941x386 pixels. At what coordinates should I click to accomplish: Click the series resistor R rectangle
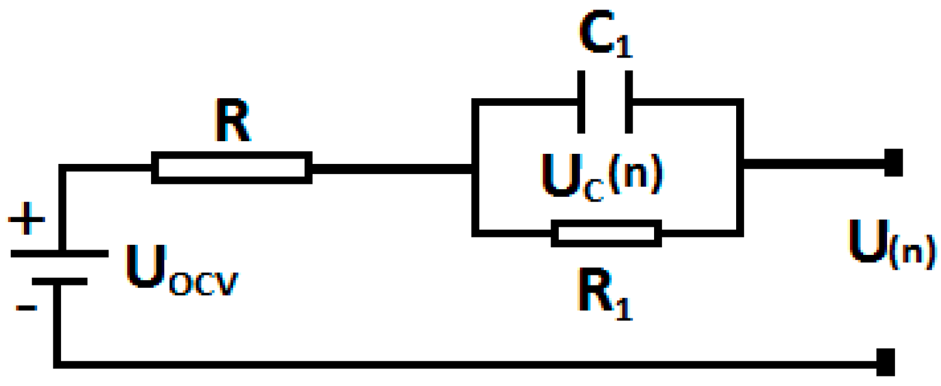click(232, 168)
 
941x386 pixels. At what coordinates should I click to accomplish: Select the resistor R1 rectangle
click(606, 233)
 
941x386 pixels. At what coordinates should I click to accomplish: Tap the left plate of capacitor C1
click(580, 102)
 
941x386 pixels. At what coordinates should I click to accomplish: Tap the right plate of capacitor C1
click(628, 102)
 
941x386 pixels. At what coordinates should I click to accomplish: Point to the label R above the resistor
click(232, 121)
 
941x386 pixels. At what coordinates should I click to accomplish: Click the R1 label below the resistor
click(605, 293)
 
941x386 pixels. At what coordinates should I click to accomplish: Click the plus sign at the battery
click(26, 218)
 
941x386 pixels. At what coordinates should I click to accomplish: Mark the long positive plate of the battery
click(59, 254)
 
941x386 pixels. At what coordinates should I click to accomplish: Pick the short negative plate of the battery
click(59, 281)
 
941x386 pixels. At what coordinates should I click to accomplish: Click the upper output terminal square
click(893, 163)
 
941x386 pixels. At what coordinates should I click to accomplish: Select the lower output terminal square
click(885, 362)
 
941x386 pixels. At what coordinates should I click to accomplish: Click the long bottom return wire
click(467, 364)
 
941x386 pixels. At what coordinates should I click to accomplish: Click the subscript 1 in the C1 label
click(624, 46)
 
